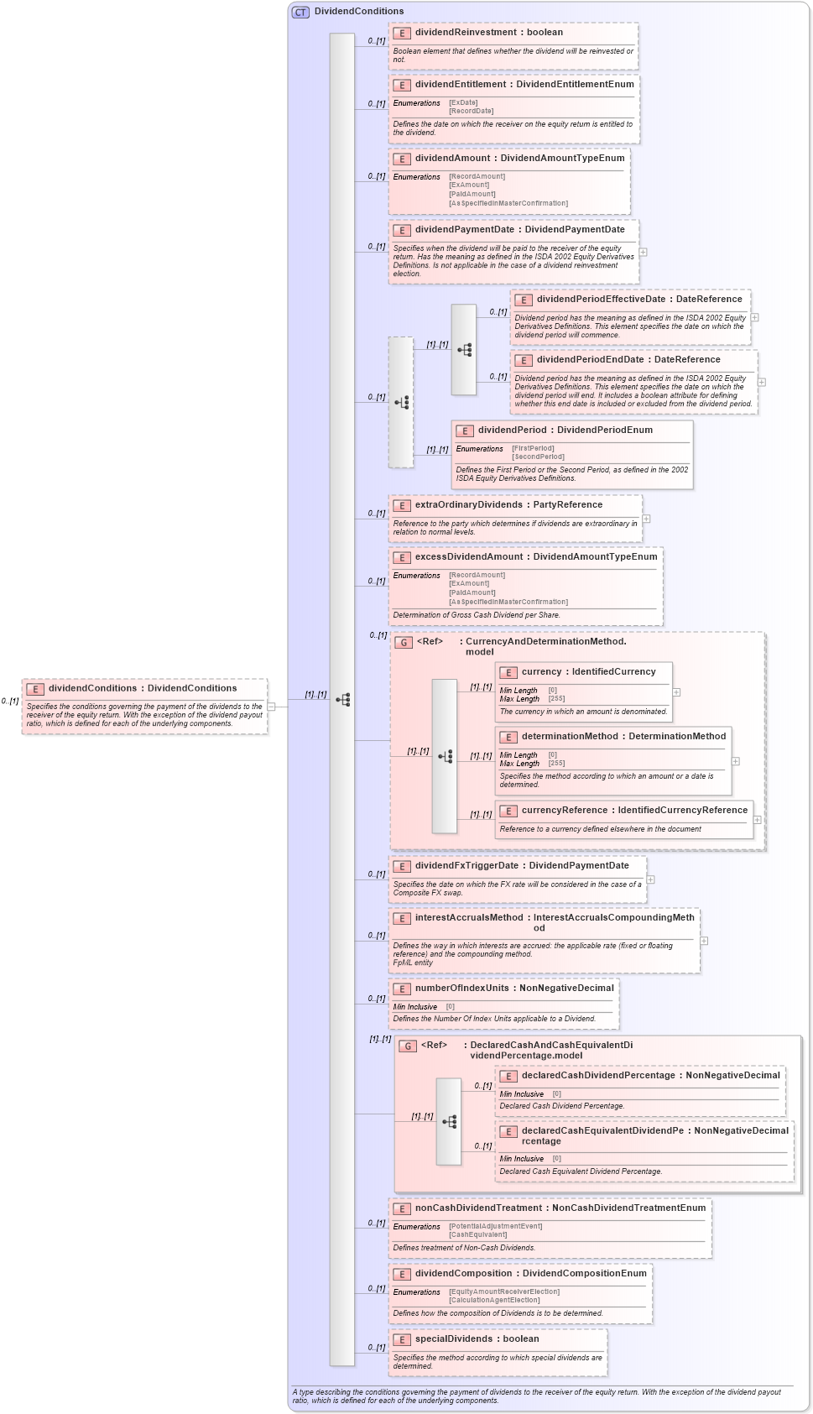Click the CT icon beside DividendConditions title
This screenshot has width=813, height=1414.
click(300, 12)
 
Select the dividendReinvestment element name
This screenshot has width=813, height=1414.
click(465, 33)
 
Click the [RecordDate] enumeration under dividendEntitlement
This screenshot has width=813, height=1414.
click(471, 111)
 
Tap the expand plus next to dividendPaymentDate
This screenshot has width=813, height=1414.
click(643, 252)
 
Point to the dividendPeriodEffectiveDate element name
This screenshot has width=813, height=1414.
click(601, 300)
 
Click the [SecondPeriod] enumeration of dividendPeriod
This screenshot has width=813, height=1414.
click(538, 457)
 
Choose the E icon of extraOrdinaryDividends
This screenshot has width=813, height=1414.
click(402, 506)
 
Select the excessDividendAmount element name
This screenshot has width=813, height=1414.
click(469, 557)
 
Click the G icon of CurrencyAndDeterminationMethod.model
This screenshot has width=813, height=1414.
click(404, 643)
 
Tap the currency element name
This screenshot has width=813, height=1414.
click(541, 672)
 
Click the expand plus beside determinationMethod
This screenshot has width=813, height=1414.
click(736, 761)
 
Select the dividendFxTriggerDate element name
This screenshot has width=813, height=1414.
click(466, 866)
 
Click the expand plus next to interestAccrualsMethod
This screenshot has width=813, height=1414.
click(704, 941)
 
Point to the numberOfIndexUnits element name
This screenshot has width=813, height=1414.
click(461, 989)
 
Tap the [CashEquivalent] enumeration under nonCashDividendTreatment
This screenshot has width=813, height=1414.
click(477, 1234)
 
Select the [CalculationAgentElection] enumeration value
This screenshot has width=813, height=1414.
click(494, 1300)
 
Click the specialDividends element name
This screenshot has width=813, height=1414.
click(453, 1339)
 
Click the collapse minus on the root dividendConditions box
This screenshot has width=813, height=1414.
click(271, 707)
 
